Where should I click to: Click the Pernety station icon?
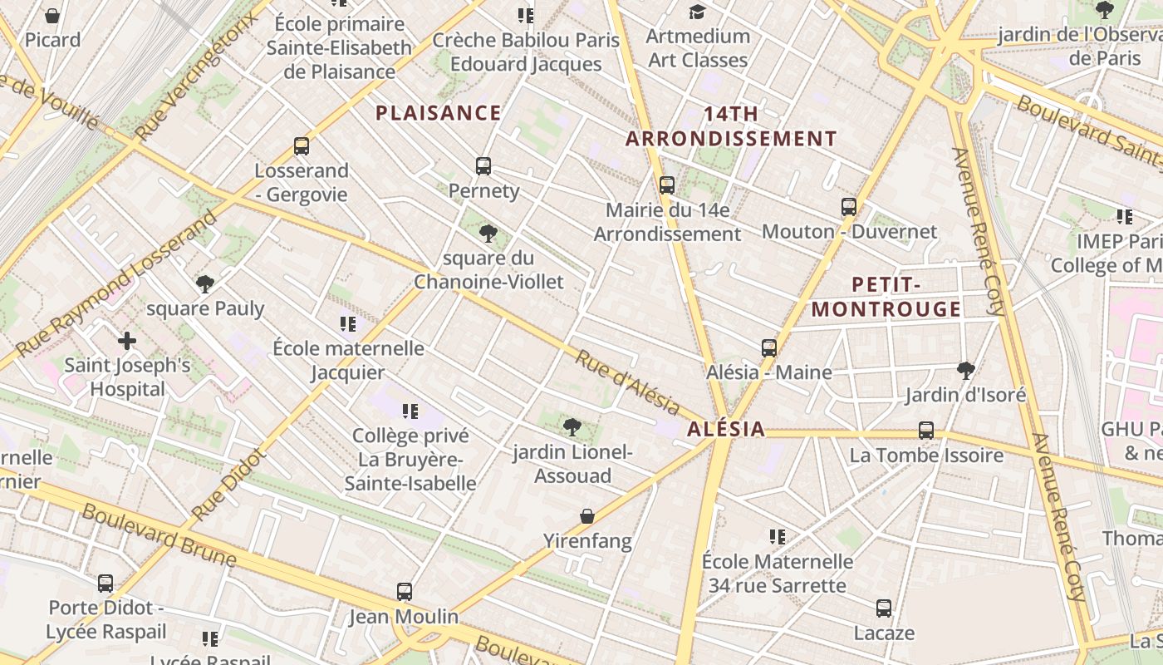[483, 166]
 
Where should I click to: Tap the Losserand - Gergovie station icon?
[302, 146]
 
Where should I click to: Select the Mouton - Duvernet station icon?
[848, 207]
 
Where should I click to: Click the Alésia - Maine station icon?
[769, 347]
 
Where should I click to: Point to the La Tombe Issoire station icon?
[926, 431]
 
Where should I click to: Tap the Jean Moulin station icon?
[405, 592]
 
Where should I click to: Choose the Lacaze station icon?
[884, 608]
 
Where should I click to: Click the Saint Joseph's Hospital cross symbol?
[127, 341]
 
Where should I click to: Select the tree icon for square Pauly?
[205, 284]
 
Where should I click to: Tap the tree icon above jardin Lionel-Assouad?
[572, 428]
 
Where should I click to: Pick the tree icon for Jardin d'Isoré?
[965, 370]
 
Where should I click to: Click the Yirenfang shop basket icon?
[587, 517]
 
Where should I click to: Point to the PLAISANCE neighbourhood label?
[439, 113]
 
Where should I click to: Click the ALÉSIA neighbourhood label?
[726, 429]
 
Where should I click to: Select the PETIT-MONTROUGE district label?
[886, 297]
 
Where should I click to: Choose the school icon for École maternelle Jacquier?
[348, 324]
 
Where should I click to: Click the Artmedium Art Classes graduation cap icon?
[697, 12]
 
